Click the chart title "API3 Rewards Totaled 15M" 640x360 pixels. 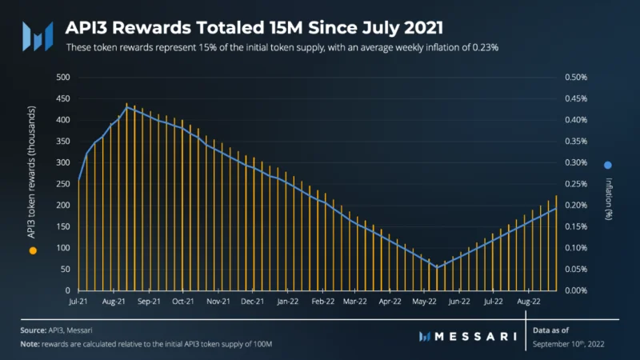tap(184, 28)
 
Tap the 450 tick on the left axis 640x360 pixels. tap(63, 98)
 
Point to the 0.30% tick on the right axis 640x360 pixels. tap(576, 162)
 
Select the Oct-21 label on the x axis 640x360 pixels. tap(183, 302)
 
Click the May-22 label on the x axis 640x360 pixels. tap(424, 302)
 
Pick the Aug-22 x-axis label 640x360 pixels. tap(529, 302)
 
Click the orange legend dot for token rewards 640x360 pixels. tap(33, 250)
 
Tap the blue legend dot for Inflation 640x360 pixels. tap(608, 166)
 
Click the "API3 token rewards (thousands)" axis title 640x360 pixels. tap(31, 172)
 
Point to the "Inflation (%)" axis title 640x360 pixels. tap(609, 198)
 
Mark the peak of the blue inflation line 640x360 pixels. tap(127, 107)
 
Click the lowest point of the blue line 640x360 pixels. tap(437, 268)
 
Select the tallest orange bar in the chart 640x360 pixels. tap(126, 197)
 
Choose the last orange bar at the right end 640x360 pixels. tap(556, 243)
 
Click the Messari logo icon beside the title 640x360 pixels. tap(38, 36)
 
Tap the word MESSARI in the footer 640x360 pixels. tap(475, 337)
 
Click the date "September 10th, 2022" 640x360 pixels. tap(568, 344)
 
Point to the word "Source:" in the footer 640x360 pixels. tap(34, 330)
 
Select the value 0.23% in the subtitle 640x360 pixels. tap(486, 48)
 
